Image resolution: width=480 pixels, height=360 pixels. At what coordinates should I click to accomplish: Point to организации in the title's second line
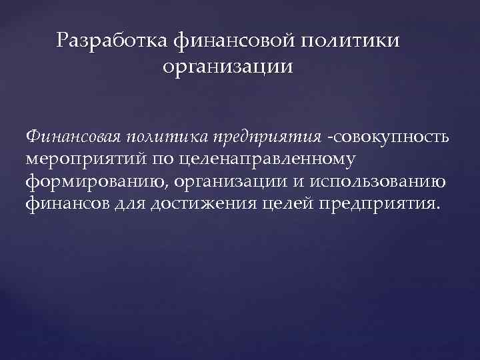(x=227, y=68)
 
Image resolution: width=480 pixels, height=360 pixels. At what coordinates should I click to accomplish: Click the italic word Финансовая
(x=71, y=137)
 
